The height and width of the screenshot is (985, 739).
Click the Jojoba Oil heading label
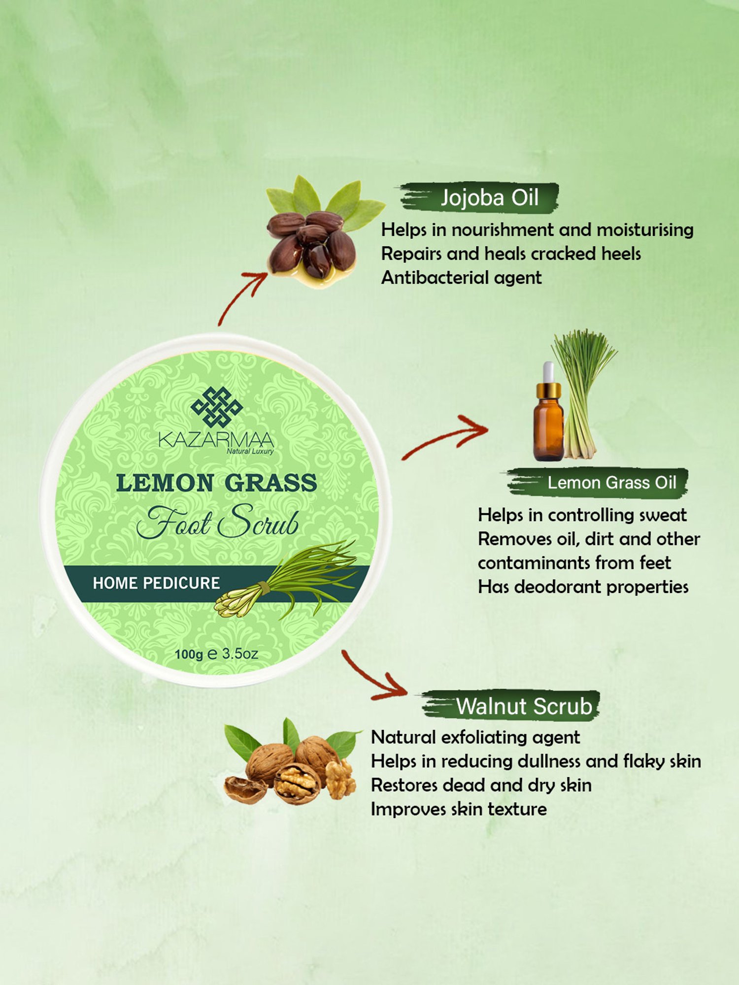[x=489, y=197]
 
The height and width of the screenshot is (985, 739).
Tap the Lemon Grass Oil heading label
[x=612, y=483]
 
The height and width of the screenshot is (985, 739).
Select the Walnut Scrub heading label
[x=524, y=706]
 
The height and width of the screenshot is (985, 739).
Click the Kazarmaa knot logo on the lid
[x=217, y=407]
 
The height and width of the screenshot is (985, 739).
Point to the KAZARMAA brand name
[x=216, y=439]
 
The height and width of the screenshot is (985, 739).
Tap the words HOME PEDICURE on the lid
[x=156, y=583]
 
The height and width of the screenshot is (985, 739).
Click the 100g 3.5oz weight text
[x=216, y=654]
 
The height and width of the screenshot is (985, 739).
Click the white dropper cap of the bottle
[x=548, y=372]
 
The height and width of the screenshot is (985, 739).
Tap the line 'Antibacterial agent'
[x=461, y=278]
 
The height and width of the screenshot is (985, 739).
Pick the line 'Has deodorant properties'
[x=583, y=587]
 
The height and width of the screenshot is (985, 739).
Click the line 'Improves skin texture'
[x=459, y=809]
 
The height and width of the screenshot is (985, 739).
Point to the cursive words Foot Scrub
[x=217, y=522]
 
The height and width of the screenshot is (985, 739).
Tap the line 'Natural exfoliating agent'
[x=475, y=738]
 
